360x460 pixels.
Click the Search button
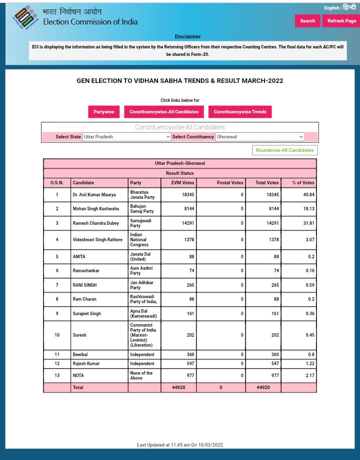[x=307, y=21]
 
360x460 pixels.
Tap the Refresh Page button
[x=341, y=21]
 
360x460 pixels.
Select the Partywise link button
[x=103, y=112]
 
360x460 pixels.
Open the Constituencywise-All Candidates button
[x=163, y=112]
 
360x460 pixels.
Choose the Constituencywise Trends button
[x=239, y=112]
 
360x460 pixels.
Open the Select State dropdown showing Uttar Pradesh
[x=126, y=137]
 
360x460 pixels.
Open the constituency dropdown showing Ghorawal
[x=259, y=137]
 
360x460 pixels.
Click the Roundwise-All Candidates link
[x=284, y=150]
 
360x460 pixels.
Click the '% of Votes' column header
[x=303, y=183]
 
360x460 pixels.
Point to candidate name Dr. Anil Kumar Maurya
[x=94, y=195]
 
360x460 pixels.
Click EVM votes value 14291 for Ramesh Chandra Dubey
[x=187, y=223]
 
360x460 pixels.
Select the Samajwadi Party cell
[x=140, y=223]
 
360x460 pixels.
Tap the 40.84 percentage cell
[x=308, y=195]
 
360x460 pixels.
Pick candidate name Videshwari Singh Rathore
[x=97, y=240]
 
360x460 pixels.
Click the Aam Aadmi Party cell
[x=141, y=271]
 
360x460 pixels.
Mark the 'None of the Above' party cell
[x=141, y=376]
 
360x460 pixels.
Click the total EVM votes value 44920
[x=178, y=388]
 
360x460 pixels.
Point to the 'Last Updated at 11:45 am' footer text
[x=179, y=445]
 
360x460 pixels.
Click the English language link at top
[x=331, y=8]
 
